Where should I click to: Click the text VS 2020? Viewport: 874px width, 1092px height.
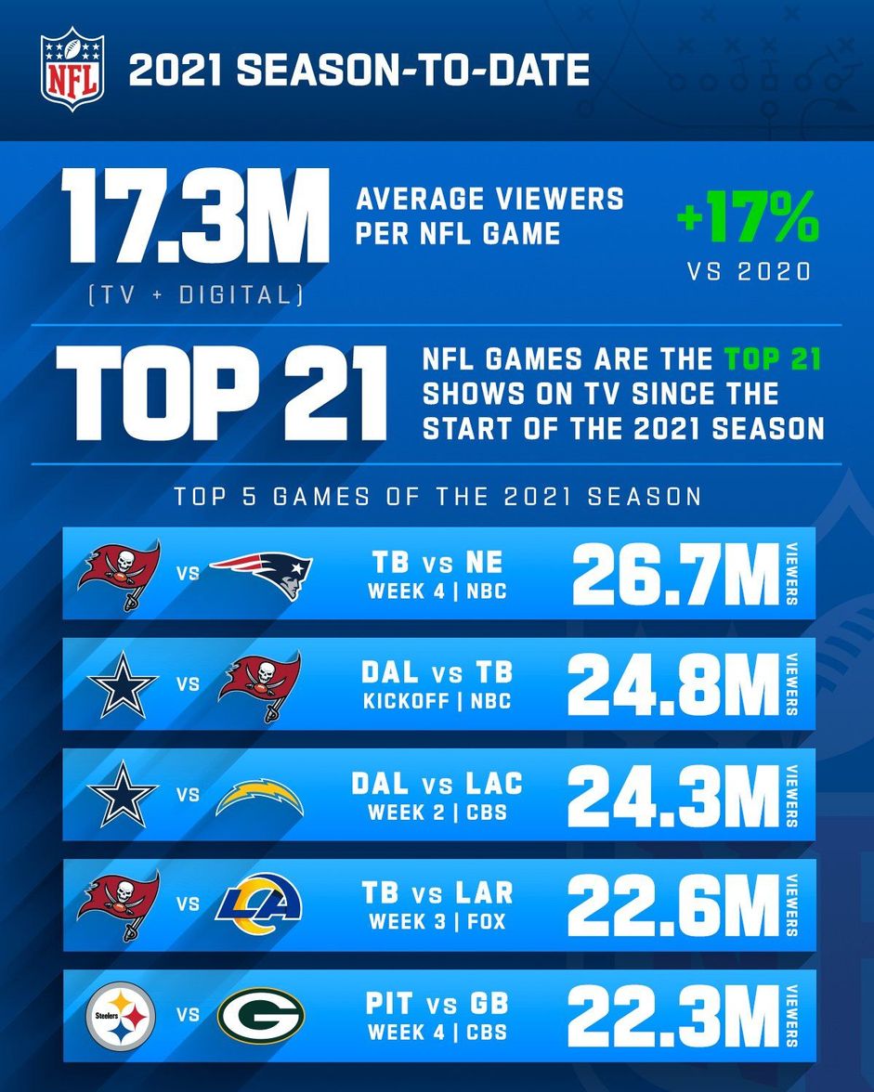[748, 272]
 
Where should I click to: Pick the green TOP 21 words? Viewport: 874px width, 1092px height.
[773, 359]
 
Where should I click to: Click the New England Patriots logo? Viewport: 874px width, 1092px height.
[260, 573]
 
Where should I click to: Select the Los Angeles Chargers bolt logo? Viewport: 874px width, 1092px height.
[260, 795]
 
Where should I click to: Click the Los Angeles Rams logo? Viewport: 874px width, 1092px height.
[260, 904]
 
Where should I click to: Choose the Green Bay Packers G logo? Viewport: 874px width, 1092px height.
[260, 1016]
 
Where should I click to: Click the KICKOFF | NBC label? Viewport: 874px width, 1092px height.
[437, 700]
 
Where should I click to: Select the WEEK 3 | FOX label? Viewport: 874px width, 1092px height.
[437, 922]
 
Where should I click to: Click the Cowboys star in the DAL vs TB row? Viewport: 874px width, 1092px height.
[123, 684]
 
